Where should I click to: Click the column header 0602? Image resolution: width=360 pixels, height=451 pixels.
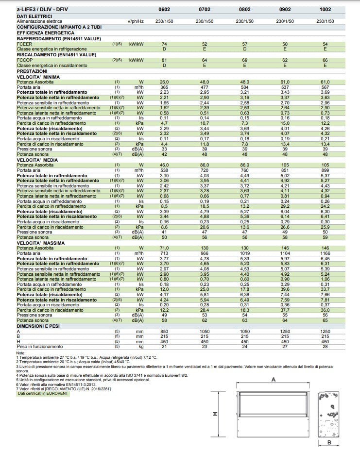tap(164, 9)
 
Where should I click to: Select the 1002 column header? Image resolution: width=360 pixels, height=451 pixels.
tap(325, 9)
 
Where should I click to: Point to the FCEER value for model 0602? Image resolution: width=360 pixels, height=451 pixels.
tap(164, 44)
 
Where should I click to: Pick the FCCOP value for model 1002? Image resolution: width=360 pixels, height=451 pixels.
tap(325, 60)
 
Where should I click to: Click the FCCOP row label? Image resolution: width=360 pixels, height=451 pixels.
tap(25, 60)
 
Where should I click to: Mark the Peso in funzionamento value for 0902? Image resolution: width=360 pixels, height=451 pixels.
tap(285, 347)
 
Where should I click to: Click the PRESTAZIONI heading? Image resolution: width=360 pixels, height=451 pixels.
tap(32, 71)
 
